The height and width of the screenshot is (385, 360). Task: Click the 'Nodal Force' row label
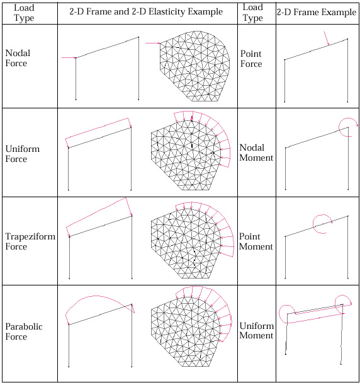(18, 58)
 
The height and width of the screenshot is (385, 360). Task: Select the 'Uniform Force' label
(22, 154)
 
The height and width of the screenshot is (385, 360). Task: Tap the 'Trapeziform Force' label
(30, 241)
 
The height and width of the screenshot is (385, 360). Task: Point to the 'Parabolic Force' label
(24, 331)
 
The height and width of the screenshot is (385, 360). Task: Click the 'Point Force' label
(251, 59)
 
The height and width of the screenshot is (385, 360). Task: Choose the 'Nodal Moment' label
(256, 152)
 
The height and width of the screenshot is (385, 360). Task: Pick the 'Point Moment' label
(256, 241)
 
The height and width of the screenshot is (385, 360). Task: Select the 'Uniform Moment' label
(257, 330)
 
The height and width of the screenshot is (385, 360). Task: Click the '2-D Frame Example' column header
(317, 12)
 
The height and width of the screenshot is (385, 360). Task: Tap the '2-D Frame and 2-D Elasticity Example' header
(146, 11)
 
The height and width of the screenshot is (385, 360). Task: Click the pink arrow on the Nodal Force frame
(69, 58)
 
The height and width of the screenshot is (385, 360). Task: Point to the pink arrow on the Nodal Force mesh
(153, 43)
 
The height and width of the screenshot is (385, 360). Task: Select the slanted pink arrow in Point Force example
(327, 38)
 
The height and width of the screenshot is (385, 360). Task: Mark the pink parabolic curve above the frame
(93, 296)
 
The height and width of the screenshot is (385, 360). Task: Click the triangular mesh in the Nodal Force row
(194, 66)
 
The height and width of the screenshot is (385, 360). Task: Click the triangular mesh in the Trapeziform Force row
(186, 243)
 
